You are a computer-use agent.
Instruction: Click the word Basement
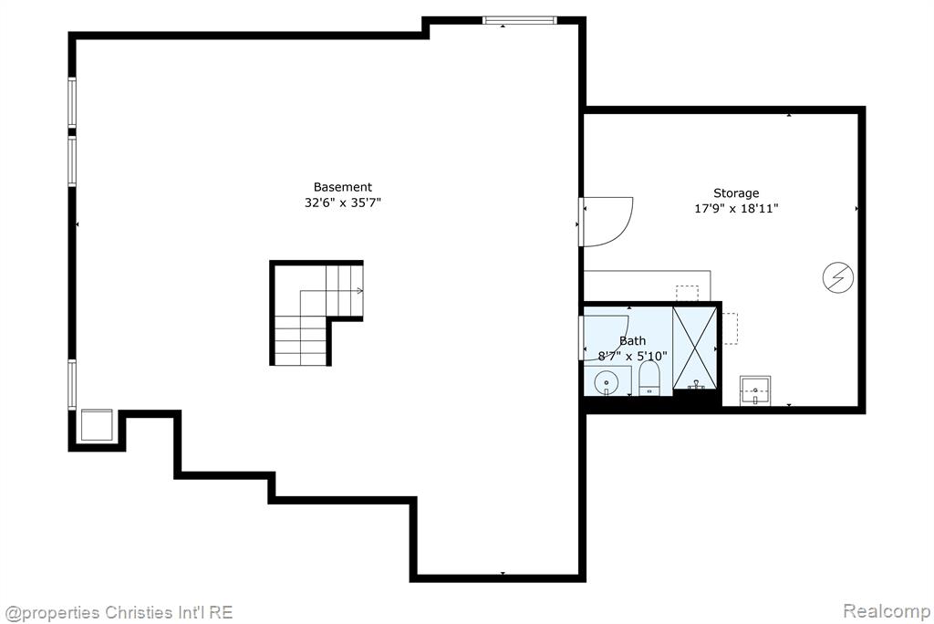(343, 187)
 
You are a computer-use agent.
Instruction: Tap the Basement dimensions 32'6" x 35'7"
(343, 203)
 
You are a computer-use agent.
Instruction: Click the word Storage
(736, 193)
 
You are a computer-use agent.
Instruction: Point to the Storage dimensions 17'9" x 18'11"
(736, 209)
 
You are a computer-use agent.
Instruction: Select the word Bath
(633, 341)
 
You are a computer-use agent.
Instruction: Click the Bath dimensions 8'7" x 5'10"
(633, 357)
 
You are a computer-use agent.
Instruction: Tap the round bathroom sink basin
(607, 382)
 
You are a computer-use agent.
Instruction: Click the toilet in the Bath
(649, 378)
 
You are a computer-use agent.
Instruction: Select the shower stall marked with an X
(694, 348)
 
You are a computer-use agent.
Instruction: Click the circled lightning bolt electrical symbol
(838, 277)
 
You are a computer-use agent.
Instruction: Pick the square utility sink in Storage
(755, 391)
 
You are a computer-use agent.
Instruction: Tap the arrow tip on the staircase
(361, 291)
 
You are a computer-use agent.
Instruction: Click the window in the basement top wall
(519, 20)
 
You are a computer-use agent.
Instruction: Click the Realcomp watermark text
(887, 611)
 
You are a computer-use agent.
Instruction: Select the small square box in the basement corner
(97, 425)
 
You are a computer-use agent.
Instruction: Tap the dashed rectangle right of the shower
(731, 328)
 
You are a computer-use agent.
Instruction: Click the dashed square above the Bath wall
(687, 293)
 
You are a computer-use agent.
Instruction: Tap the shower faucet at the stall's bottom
(696, 386)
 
